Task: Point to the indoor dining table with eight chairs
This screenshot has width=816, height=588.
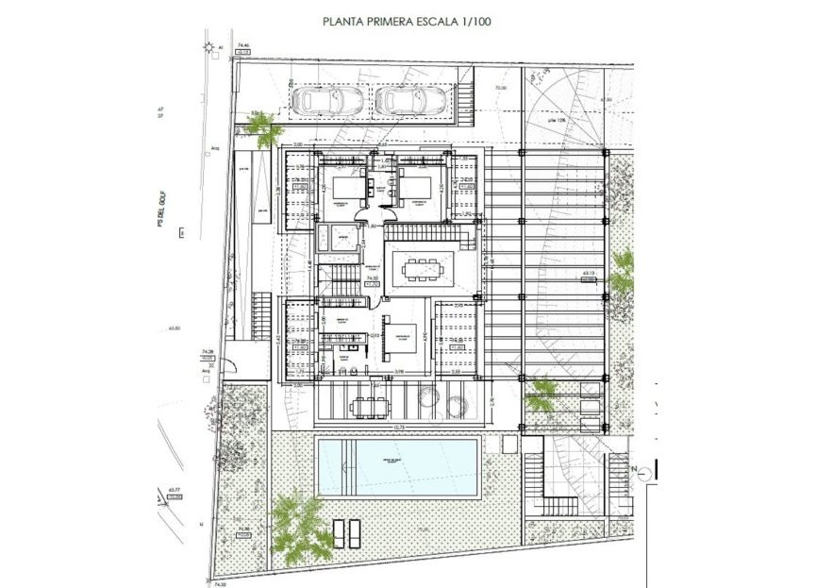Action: click(421, 269)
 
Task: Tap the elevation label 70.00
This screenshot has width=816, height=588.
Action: click(502, 88)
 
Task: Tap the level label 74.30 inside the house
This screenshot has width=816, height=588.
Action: click(373, 279)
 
